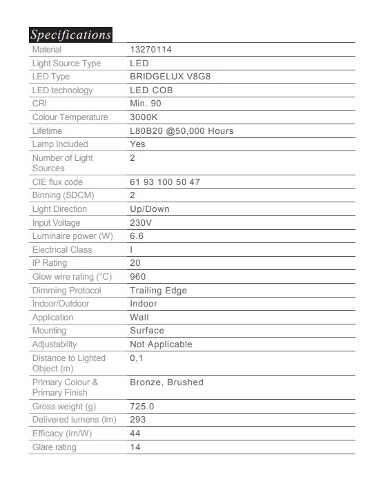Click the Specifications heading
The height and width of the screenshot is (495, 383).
tap(70, 35)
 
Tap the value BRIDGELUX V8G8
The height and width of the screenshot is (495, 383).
tap(170, 77)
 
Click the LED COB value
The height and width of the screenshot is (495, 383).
tap(151, 90)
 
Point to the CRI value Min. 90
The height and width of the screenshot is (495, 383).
tap(146, 104)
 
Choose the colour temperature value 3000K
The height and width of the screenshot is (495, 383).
tap(144, 117)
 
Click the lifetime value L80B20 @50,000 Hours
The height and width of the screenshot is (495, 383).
tap(181, 131)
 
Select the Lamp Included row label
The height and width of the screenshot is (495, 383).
tap(60, 144)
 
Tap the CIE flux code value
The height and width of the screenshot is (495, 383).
tap(165, 182)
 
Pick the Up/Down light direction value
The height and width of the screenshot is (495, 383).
tap(149, 209)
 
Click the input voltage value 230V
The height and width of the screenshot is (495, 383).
tap(141, 223)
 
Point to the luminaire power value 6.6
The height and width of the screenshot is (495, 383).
tap(137, 236)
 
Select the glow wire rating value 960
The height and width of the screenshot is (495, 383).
tap(138, 277)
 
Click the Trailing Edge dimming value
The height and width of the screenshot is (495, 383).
tap(158, 291)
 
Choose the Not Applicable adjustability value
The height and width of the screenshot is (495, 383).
tap(161, 344)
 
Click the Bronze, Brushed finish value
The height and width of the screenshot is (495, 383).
tap(166, 382)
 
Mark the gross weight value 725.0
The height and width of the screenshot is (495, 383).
tap(142, 407)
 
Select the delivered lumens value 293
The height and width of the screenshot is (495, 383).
tap(138, 420)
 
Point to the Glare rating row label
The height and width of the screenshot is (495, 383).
tap(55, 447)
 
